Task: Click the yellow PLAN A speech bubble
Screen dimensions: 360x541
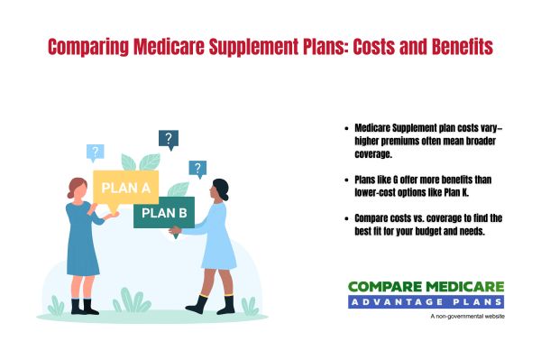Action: [x=125, y=189]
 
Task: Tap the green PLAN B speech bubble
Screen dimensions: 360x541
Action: [x=163, y=213]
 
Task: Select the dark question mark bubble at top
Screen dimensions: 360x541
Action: [x=168, y=139]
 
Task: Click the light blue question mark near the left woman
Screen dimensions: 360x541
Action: [x=96, y=152]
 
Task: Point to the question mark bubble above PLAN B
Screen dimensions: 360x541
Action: [x=197, y=168]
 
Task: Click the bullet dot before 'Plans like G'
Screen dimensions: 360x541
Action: [x=347, y=180]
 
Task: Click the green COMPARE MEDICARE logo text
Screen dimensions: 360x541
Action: [x=426, y=287]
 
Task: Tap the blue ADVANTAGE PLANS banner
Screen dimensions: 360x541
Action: [x=426, y=301]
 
